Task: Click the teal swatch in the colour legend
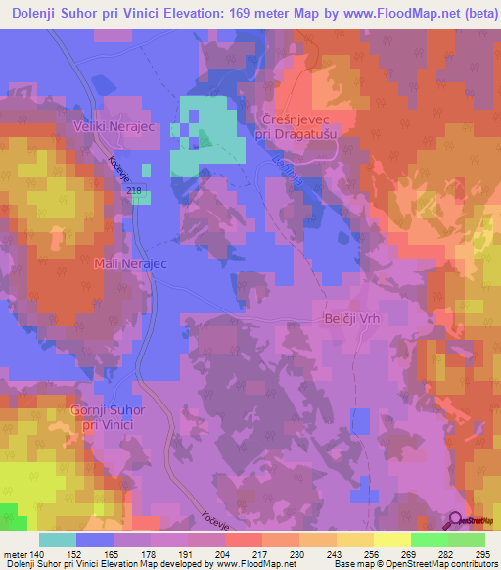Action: tap(58, 541)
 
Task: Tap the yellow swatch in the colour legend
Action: tap(391, 541)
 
